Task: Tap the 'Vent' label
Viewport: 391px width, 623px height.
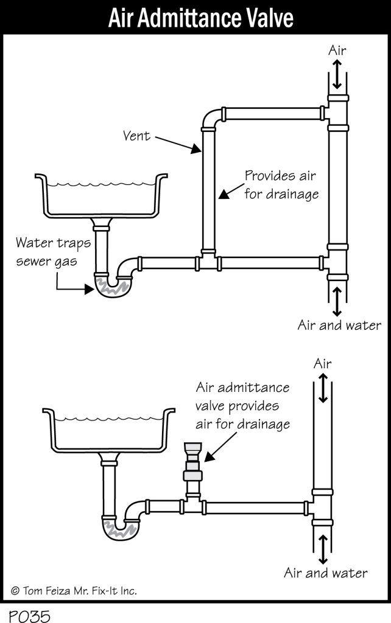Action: click(x=136, y=135)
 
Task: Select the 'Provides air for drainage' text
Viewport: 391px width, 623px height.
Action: click(x=281, y=185)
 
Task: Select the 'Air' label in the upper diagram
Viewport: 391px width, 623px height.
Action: click(x=337, y=50)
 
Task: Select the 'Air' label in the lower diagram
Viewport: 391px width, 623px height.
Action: click(x=322, y=363)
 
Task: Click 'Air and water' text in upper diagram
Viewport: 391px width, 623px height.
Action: click(x=339, y=325)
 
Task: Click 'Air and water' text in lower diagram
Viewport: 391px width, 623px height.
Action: click(x=325, y=573)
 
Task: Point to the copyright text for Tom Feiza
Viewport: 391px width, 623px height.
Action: click(x=74, y=590)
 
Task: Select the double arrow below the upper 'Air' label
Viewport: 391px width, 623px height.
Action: click(x=337, y=77)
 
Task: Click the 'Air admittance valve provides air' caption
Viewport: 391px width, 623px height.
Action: click(x=242, y=406)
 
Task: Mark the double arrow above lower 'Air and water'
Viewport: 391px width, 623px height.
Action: click(x=323, y=549)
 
